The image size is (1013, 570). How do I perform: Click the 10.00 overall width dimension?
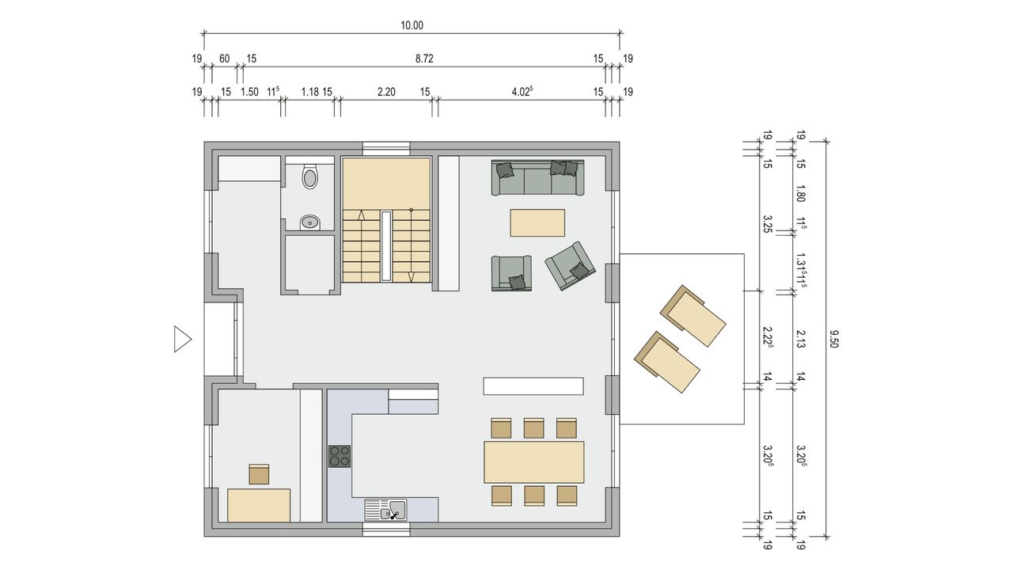pyautogui.click(x=412, y=25)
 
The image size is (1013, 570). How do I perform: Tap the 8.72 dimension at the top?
pyautogui.click(x=424, y=59)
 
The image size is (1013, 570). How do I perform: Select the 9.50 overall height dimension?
pyautogui.click(x=834, y=339)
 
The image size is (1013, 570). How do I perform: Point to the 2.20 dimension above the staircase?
pyautogui.click(x=386, y=92)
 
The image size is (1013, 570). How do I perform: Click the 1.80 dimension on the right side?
pyautogui.click(x=800, y=194)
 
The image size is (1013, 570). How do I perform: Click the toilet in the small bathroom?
pyautogui.click(x=310, y=177)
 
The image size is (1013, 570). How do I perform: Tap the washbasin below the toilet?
pyautogui.click(x=309, y=222)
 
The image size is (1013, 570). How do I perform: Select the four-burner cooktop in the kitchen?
pyautogui.click(x=340, y=457)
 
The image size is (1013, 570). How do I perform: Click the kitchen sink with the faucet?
pyautogui.click(x=385, y=510)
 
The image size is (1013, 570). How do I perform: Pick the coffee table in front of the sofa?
pyautogui.click(x=537, y=222)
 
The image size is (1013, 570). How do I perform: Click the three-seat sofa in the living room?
pyautogui.click(x=537, y=177)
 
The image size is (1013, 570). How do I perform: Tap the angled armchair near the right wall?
pyautogui.click(x=570, y=265)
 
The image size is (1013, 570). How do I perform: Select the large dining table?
pyautogui.click(x=534, y=462)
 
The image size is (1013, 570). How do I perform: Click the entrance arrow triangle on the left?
pyautogui.click(x=183, y=340)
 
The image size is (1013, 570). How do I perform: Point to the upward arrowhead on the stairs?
pyautogui.click(x=362, y=215)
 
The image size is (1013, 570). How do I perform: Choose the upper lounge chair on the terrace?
pyautogui.click(x=693, y=316)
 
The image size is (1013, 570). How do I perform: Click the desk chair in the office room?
pyautogui.click(x=259, y=474)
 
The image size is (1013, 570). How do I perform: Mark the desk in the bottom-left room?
pyautogui.click(x=259, y=505)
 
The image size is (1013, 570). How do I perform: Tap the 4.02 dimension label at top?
pyautogui.click(x=522, y=91)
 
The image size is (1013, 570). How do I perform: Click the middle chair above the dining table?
pyautogui.click(x=534, y=428)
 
